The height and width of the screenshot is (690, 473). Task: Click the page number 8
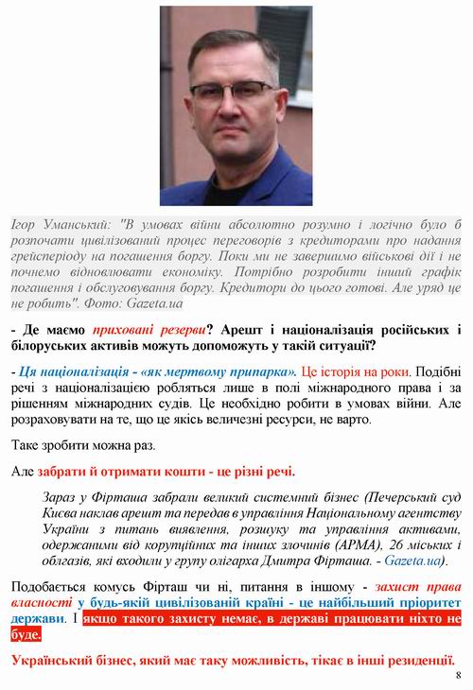point(457,676)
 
